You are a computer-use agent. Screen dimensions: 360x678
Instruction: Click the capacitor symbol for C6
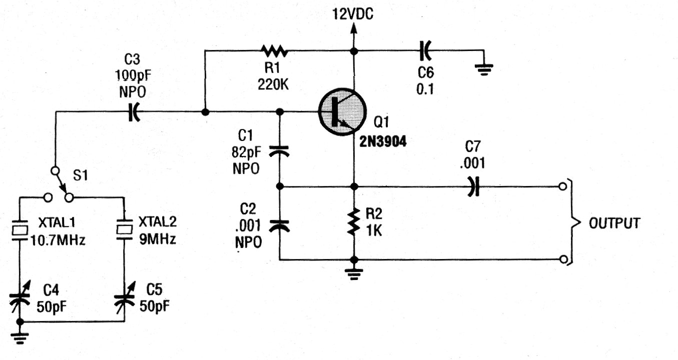425,50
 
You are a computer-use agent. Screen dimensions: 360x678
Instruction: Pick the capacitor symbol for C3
133,112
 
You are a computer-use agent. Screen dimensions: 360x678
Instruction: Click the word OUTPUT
614,223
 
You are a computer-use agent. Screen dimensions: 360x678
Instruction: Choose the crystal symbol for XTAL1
20,230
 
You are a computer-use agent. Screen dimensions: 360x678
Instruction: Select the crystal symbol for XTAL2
124,230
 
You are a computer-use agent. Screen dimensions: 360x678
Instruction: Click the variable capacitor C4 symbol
20,298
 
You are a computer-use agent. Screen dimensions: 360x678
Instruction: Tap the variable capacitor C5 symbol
124,298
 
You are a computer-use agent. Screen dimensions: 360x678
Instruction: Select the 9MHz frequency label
157,240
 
